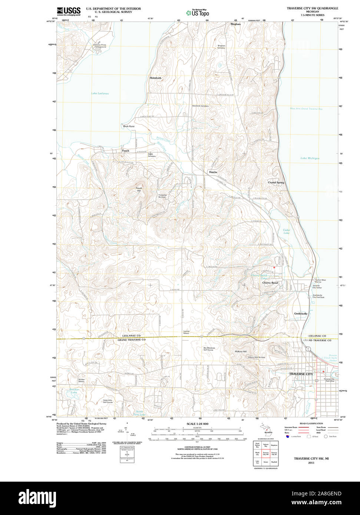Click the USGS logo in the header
(69, 11)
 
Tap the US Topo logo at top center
(197, 13)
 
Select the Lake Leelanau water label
(100, 93)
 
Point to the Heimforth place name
(155, 78)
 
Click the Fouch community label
(126, 151)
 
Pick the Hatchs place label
(213, 172)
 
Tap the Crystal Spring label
(276, 183)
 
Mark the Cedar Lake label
(287, 232)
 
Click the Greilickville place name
(301, 313)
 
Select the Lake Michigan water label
(310, 158)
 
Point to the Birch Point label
(129, 126)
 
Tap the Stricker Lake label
(74, 391)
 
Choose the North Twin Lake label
(139, 413)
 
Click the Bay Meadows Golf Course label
(209, 349)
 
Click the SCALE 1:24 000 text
(197, 424)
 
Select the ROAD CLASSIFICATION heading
(311, 423)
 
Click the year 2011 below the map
(311, 463)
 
